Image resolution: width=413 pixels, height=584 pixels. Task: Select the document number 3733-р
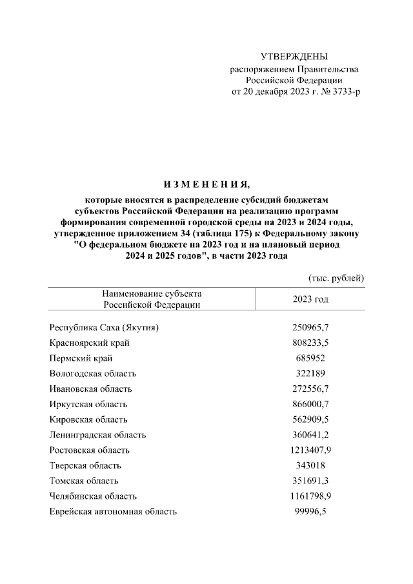[x=344, y=92]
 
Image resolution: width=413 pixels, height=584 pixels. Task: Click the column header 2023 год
[x=311, y=299]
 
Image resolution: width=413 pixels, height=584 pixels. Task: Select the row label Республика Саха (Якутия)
[x=104, y=327]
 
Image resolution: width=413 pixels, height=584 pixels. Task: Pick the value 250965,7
[x=311, y=327]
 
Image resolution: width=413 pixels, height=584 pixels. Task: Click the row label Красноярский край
[x=88, y=343]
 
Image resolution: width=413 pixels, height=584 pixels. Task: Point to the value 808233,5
[x=311, y=343]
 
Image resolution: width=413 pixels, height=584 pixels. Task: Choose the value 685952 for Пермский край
[x=311, y=358]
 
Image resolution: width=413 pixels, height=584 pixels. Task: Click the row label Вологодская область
[x=93, y=374]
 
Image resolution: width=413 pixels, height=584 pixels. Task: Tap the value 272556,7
[x=311, y=389]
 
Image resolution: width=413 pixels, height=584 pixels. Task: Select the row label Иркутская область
[x=88, y=405]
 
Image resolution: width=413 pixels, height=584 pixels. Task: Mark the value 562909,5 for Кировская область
[x=311, y=419]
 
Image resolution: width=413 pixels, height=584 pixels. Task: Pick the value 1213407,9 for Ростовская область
[x=311, y=450]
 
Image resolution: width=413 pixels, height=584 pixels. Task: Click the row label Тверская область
[x=85, y=466]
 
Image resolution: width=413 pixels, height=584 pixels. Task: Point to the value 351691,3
[x=311, y=481]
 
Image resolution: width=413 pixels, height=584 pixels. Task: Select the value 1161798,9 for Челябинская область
[x=311, y=497]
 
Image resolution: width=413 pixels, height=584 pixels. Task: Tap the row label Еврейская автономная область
[x=113, y=512]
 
